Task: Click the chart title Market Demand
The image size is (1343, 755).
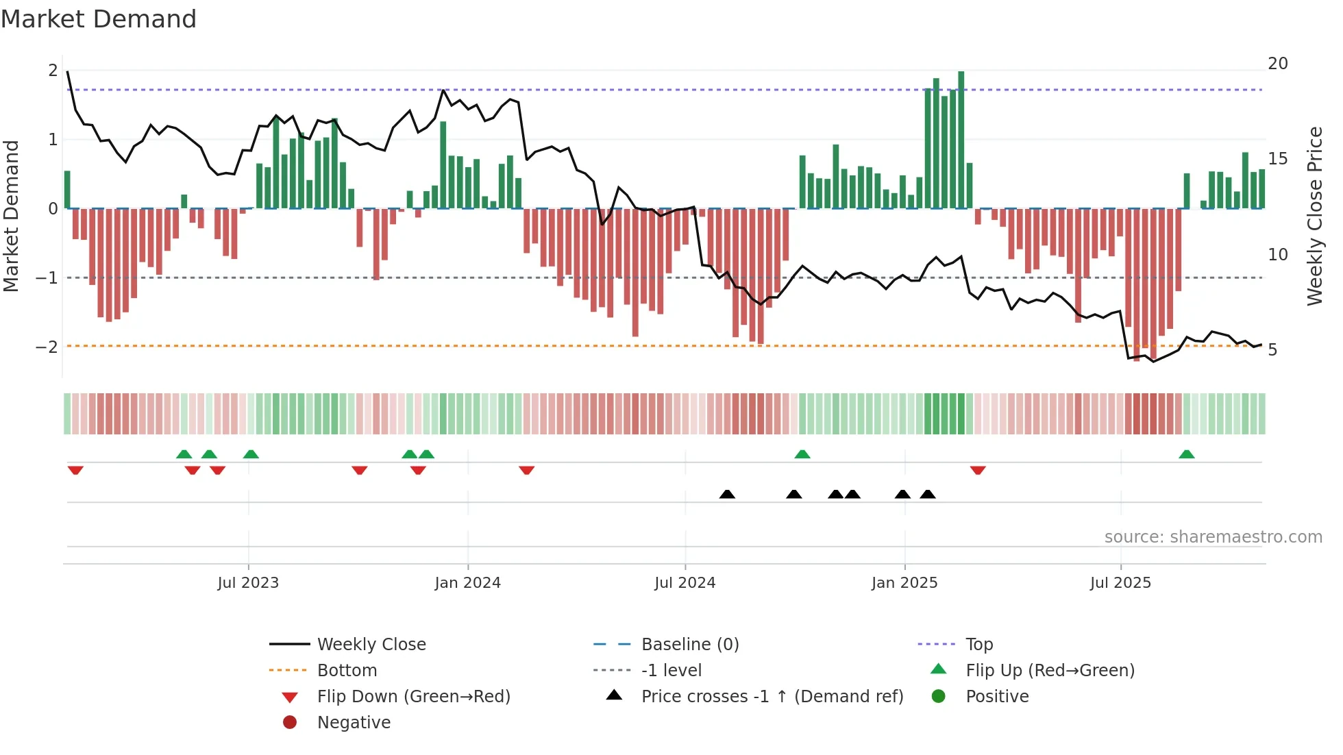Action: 99,19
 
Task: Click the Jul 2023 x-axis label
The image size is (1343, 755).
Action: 248,583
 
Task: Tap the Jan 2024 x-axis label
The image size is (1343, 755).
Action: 467,583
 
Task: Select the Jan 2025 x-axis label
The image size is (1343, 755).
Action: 904,583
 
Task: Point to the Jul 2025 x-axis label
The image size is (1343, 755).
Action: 1120,583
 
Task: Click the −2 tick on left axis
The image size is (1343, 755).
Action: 47,347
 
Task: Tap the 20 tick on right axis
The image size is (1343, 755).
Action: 1277,64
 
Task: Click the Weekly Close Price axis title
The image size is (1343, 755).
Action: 1314,216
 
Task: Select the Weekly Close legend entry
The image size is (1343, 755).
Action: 371,645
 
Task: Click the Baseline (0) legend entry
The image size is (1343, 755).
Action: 689,645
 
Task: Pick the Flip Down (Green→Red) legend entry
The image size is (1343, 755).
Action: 413,697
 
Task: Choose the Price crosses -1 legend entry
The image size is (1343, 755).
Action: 772,697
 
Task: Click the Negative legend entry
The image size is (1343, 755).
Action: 354,723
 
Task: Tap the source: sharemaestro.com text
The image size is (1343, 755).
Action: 1213,537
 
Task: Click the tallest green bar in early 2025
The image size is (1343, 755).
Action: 961,140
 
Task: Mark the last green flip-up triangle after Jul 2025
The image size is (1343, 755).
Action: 1187,454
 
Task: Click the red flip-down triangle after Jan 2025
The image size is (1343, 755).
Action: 978,470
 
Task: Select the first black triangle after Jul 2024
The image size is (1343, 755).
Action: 727,494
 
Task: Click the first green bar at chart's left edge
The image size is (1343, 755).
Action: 67,190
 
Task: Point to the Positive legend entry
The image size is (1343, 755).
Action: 996,697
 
